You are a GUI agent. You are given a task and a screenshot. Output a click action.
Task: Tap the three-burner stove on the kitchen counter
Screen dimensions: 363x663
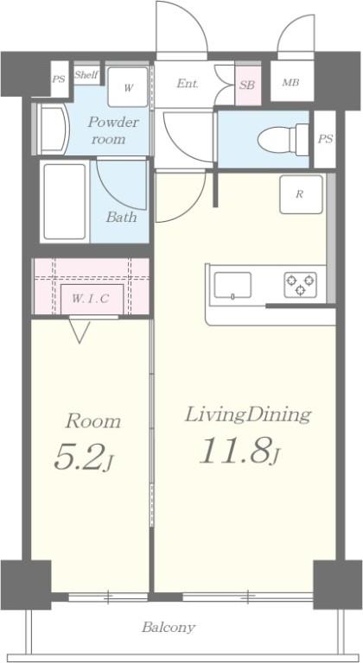click(300, 285)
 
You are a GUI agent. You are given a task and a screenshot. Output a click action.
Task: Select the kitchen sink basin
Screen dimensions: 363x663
click(232, 286)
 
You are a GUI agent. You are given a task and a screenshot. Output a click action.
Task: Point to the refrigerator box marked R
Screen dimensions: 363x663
click(301, 194)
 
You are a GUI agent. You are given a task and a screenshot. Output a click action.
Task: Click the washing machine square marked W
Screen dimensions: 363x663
click(128, 87)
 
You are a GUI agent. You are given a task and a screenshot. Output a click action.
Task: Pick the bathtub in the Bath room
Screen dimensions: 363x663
click(65, 201)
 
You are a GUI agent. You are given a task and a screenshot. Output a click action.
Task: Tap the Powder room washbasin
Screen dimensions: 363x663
click(52, 129)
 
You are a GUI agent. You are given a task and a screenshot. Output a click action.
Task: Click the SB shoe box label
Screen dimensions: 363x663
click(247, 85)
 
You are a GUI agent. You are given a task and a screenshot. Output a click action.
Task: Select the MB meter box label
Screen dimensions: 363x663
click(290, 83)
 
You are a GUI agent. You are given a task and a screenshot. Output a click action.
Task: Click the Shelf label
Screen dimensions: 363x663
click(86, 75)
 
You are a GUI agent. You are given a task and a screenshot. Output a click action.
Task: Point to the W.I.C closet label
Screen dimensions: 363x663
click(90, 299)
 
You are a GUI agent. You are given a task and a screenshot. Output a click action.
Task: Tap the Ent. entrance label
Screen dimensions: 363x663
click(188, 83)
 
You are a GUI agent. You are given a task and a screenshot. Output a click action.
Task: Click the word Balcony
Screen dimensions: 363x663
click(169, 627)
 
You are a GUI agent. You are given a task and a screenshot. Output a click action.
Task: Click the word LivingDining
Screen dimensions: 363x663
click(248, 415)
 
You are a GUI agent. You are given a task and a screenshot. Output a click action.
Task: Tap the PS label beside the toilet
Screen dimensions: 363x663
click(325, 139)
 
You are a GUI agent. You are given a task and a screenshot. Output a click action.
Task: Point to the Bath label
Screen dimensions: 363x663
click(121, 218)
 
